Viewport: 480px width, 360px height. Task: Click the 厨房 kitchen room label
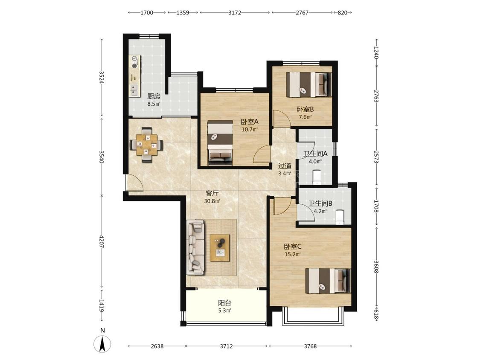(154, 96)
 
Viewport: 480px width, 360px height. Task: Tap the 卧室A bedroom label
(250, 122)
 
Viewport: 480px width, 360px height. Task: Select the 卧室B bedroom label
(305, 109)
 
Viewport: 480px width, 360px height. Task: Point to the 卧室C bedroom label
(293, 247)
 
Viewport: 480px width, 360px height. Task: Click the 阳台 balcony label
(225, 303)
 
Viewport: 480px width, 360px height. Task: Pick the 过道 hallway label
(285, 166)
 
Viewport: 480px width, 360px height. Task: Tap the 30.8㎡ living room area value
(212, 201)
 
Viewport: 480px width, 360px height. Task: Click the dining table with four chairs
(146, 144)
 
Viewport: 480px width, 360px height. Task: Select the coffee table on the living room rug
(220, 248)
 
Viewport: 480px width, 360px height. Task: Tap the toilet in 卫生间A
(317, 177)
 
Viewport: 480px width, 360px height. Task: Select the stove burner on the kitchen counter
(135, 61)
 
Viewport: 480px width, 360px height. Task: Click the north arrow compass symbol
(102, 344)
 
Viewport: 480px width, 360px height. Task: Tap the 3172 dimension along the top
(235, 12)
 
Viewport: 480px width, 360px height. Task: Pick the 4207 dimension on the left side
(102, 241)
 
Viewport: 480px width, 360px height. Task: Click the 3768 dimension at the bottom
(311, 346)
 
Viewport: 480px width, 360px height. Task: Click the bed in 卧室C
(328, 281)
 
